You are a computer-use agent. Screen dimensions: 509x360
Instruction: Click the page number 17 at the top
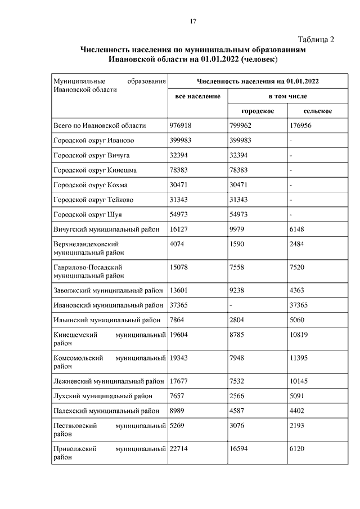tap(192, 21)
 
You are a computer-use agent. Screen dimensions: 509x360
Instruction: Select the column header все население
tap(197, 97)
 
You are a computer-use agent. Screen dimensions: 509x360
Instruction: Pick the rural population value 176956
tap(301, 125)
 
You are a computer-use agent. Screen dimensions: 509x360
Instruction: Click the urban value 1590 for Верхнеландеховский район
tap(237, 244)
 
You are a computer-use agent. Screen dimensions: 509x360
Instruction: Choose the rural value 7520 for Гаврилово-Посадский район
tap(296, 267)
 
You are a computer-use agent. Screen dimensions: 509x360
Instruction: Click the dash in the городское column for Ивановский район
tap(231, 305)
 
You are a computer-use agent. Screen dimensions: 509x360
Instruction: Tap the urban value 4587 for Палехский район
tap(237, 411)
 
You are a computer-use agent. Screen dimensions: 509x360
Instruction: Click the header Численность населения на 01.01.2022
tap(258, 82)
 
